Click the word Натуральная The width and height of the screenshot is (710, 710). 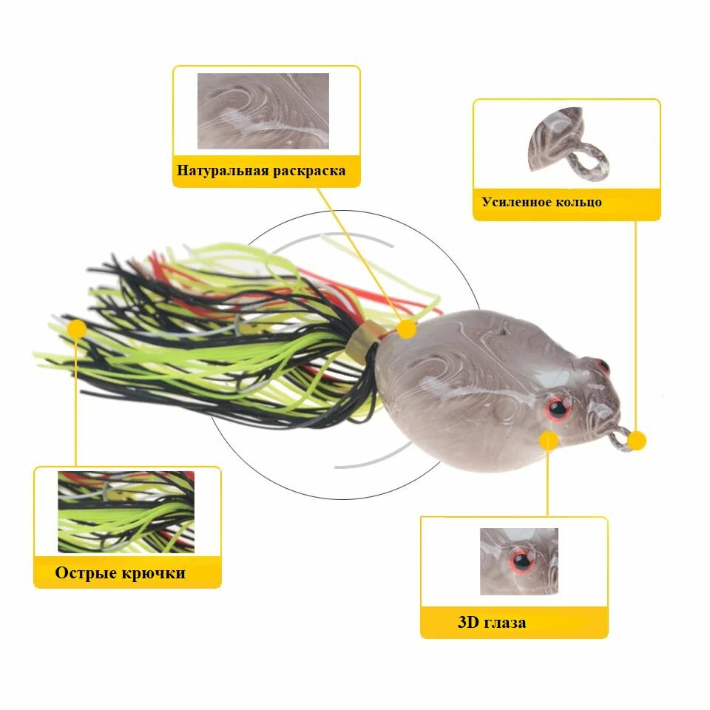222,170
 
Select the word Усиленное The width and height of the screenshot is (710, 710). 515,201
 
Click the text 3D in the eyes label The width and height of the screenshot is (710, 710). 468,622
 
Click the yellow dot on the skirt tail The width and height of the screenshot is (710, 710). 77,328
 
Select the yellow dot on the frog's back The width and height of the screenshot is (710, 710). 407,328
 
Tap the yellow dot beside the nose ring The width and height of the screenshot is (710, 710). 637,441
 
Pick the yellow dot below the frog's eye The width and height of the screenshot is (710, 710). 549,440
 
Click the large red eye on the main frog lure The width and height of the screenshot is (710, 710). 558,408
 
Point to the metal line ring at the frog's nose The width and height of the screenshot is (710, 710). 619,439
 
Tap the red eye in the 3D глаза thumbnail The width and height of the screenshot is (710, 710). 523,561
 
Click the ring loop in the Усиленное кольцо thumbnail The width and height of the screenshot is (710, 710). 589,160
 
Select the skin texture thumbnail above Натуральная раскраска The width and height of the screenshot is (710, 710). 263,111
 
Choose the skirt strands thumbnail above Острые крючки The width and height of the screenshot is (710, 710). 126,512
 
